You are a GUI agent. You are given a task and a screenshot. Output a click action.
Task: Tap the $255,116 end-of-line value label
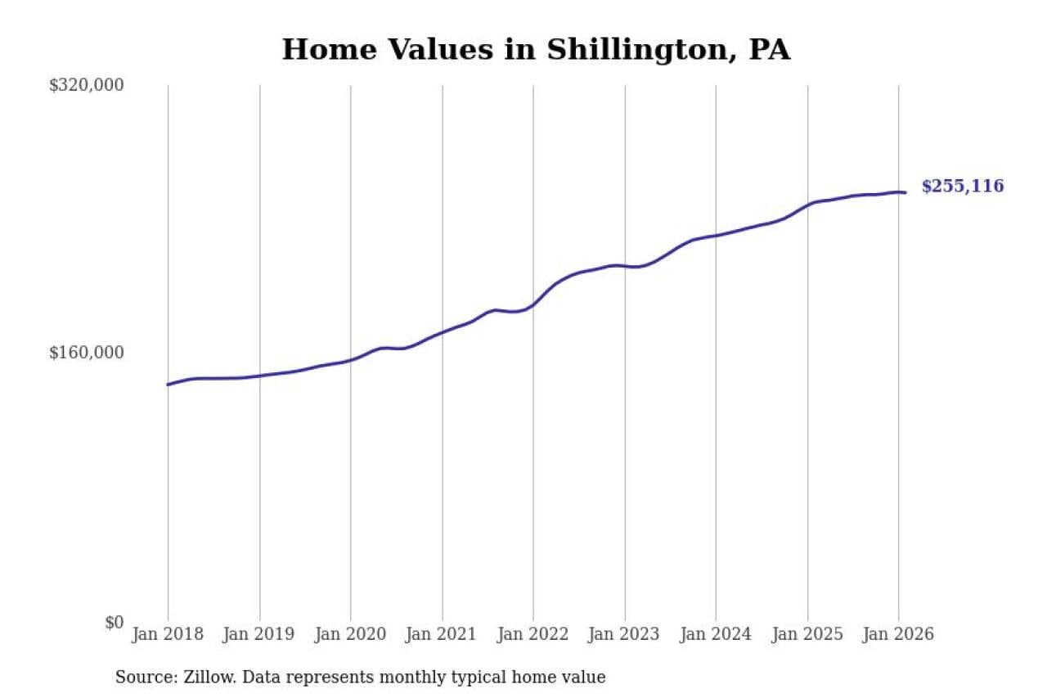coord(962,187)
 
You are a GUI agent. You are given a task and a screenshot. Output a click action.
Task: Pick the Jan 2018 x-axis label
coord(168,634)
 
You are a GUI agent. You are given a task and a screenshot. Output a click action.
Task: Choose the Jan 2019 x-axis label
coord(259,634)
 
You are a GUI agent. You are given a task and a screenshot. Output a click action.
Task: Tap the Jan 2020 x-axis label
coord(351,634)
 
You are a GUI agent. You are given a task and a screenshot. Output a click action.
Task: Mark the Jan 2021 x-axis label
coord(443,634)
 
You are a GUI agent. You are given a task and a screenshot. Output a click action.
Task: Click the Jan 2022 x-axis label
coord(533,634)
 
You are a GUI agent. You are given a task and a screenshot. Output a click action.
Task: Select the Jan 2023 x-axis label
coord(625,634)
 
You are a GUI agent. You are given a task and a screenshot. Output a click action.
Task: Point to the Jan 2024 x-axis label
coord(716,634)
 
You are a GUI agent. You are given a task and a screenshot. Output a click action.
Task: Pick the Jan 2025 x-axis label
coord(807,634)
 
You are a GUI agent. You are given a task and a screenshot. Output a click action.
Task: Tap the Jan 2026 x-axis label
coord(899,634)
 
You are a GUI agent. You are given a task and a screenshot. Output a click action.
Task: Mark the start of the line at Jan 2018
coord(169,384)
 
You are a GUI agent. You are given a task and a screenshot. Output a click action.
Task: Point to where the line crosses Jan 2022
coord(533,304)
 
